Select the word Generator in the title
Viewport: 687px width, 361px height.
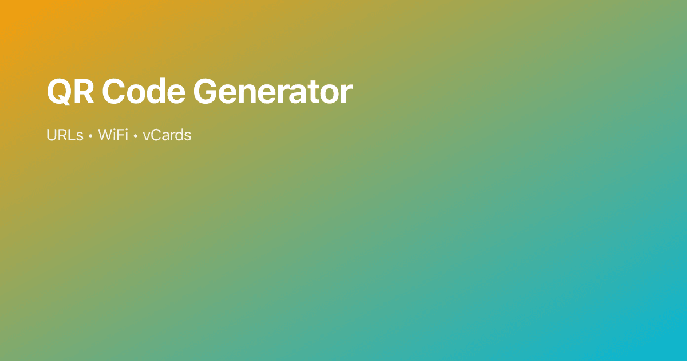tap(273, 91)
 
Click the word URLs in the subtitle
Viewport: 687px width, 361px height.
tap(65, 136)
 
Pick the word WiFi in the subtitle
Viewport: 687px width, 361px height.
tap(113, 136)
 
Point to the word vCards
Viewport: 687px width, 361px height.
tap(167, 136)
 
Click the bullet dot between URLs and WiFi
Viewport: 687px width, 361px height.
tap(90, 136)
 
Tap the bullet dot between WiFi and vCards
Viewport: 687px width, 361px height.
tap(135, 136)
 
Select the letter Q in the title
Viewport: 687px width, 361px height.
tap(59, 91)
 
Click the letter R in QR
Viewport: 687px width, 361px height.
tap(82, 91)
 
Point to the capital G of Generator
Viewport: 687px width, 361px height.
tap(206, 91)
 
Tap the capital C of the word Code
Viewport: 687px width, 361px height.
tap(114, 91)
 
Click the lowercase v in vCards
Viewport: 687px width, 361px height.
tap(146, 137)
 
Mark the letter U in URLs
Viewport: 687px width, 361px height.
tap(52, 136)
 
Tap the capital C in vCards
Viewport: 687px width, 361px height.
tap(155, 136)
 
